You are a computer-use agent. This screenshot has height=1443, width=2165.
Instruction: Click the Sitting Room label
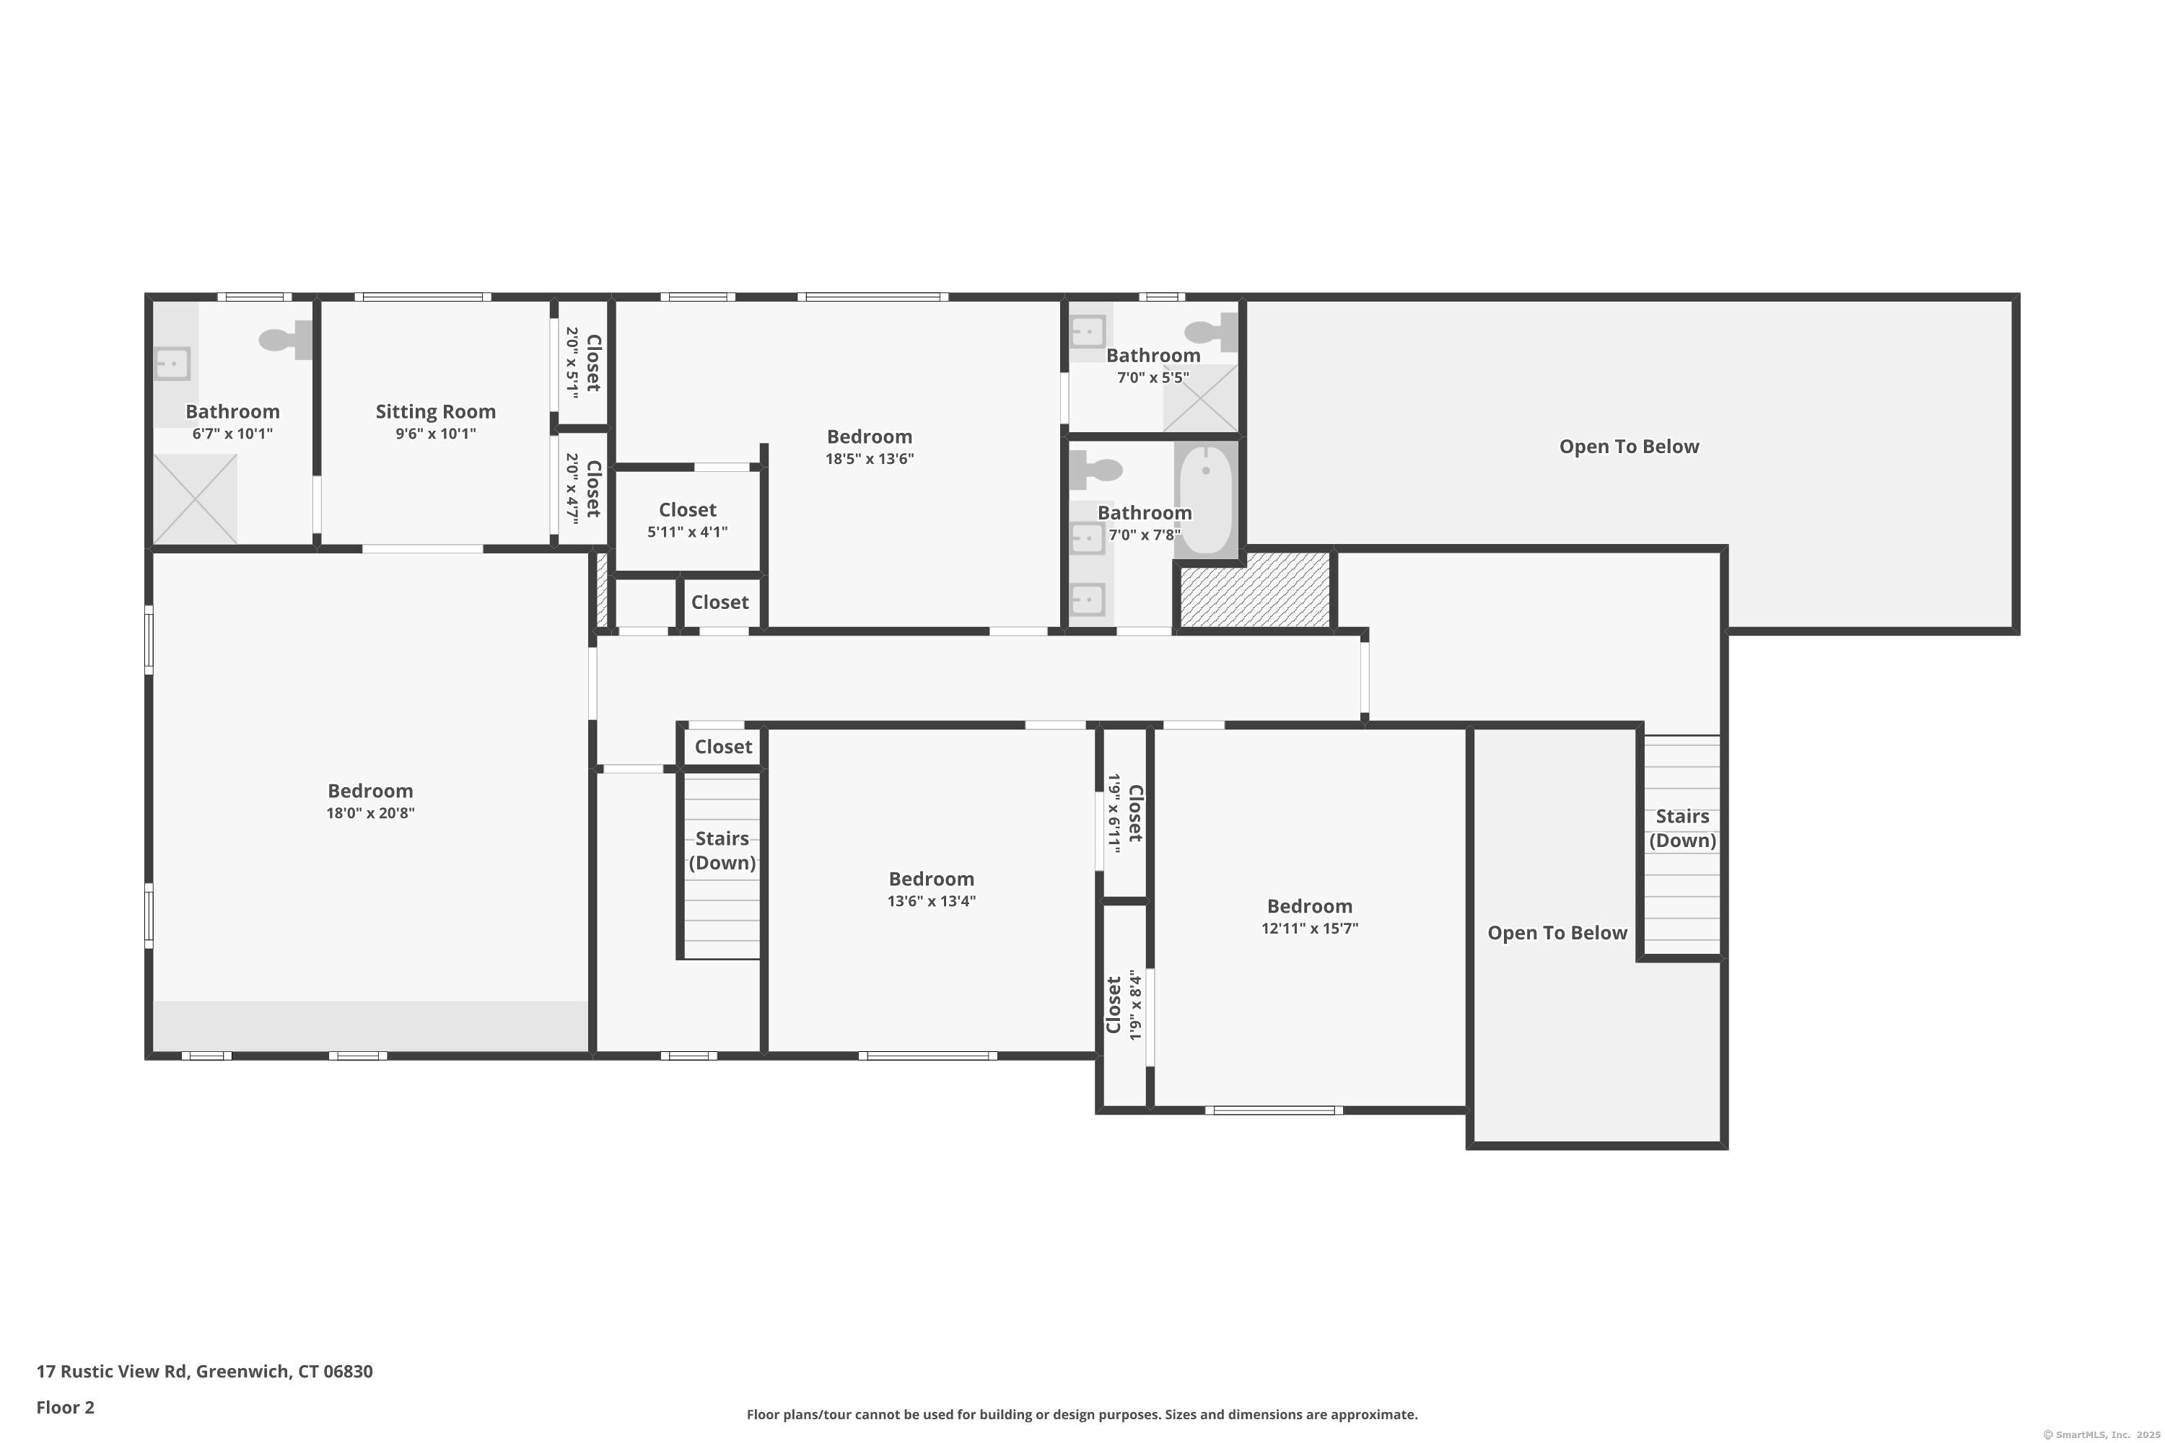(x=435, y=412)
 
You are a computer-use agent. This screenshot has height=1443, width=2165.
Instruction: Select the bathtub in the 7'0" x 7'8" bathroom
(x=1206, y=499)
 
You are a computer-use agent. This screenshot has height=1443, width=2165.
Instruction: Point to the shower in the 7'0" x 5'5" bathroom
(x=1200, y=398)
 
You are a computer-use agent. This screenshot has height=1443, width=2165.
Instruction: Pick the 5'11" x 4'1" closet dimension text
(x=688, y=532)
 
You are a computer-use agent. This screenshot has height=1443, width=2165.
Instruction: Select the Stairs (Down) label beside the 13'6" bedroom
(x=722, y=851)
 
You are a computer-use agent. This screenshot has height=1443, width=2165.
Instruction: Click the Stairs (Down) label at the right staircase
(x=1683, y=828)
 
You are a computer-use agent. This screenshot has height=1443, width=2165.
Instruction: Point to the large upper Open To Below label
(x=1630, y=447)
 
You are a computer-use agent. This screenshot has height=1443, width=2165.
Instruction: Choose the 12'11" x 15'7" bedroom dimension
(x=1310, y=929)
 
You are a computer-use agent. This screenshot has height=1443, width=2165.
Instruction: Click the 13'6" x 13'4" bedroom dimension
(x=932, y=901)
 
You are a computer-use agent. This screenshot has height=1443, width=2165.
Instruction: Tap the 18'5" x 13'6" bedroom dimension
(x=870, y=459)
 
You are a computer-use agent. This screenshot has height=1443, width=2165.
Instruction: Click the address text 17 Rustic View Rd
(x=113, y=1372)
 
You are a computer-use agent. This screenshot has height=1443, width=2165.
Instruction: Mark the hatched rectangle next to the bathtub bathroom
(x=1256, y=591)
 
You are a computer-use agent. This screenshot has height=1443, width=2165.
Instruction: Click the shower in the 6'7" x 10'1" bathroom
(x=195, y=499)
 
